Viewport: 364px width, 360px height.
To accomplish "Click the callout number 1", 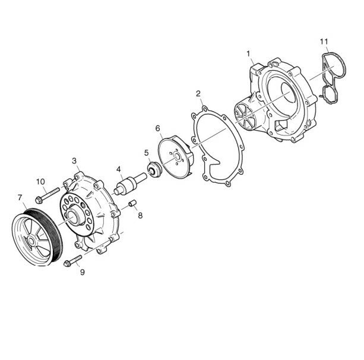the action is (248, 54).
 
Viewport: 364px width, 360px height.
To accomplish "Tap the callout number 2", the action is (198, 94).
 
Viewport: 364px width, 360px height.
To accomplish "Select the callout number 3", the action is (74, 161).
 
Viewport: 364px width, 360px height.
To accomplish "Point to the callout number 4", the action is (119, 169).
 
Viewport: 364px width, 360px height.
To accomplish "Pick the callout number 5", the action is (146, 153).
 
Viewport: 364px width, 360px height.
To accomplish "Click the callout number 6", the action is (158, 128).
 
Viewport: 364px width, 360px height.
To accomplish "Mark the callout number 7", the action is (20, 198).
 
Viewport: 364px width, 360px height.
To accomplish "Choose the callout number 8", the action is (140, 216).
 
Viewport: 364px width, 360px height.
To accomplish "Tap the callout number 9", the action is (83, 272).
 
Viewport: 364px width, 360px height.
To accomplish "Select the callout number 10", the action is (40, 181).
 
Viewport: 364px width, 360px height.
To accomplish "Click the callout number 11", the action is (324, 42).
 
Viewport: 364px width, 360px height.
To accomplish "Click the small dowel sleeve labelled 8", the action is (132, 203).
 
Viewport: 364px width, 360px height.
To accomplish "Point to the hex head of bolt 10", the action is (39, 200).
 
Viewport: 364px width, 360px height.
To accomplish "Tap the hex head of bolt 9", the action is (67, 264).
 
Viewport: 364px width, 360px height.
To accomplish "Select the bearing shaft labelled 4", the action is (131, 184).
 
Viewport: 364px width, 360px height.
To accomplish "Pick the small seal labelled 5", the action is (153, 169).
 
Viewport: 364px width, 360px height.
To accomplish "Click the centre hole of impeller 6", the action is (178, 156).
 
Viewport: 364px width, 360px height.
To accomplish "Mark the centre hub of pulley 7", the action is (31, 241).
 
